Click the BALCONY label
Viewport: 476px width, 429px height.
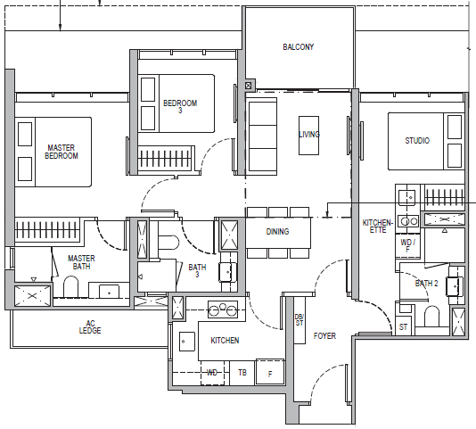tap(298, 47)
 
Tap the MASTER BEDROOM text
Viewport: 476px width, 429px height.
tap(62, 152)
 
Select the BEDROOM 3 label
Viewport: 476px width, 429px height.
tap(180, 106)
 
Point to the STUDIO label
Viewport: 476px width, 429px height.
tap(417, 140)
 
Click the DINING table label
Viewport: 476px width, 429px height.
tap(277, 232)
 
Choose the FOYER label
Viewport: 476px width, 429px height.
tap(324, 335)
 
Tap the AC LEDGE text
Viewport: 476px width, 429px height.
tap(90, 327)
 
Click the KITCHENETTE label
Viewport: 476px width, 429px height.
tap(378, 227)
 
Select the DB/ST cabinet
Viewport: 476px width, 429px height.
tap(300, 320)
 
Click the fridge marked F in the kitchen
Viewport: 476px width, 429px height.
tap(270, 372)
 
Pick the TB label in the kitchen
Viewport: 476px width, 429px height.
tap(242, 373)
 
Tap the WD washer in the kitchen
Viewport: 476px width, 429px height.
tap(212, 373)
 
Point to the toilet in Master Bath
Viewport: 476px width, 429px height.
tap(70, 286)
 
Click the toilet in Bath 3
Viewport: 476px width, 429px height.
tap(168, 243)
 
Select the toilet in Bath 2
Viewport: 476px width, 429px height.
tap(431, 317)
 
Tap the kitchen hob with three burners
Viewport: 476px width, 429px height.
tap(223, 309)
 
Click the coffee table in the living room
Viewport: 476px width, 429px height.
tap(308, 136)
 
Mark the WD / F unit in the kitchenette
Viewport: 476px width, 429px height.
tap(407, 245)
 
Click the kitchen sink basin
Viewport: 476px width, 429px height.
tap(186, 342)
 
